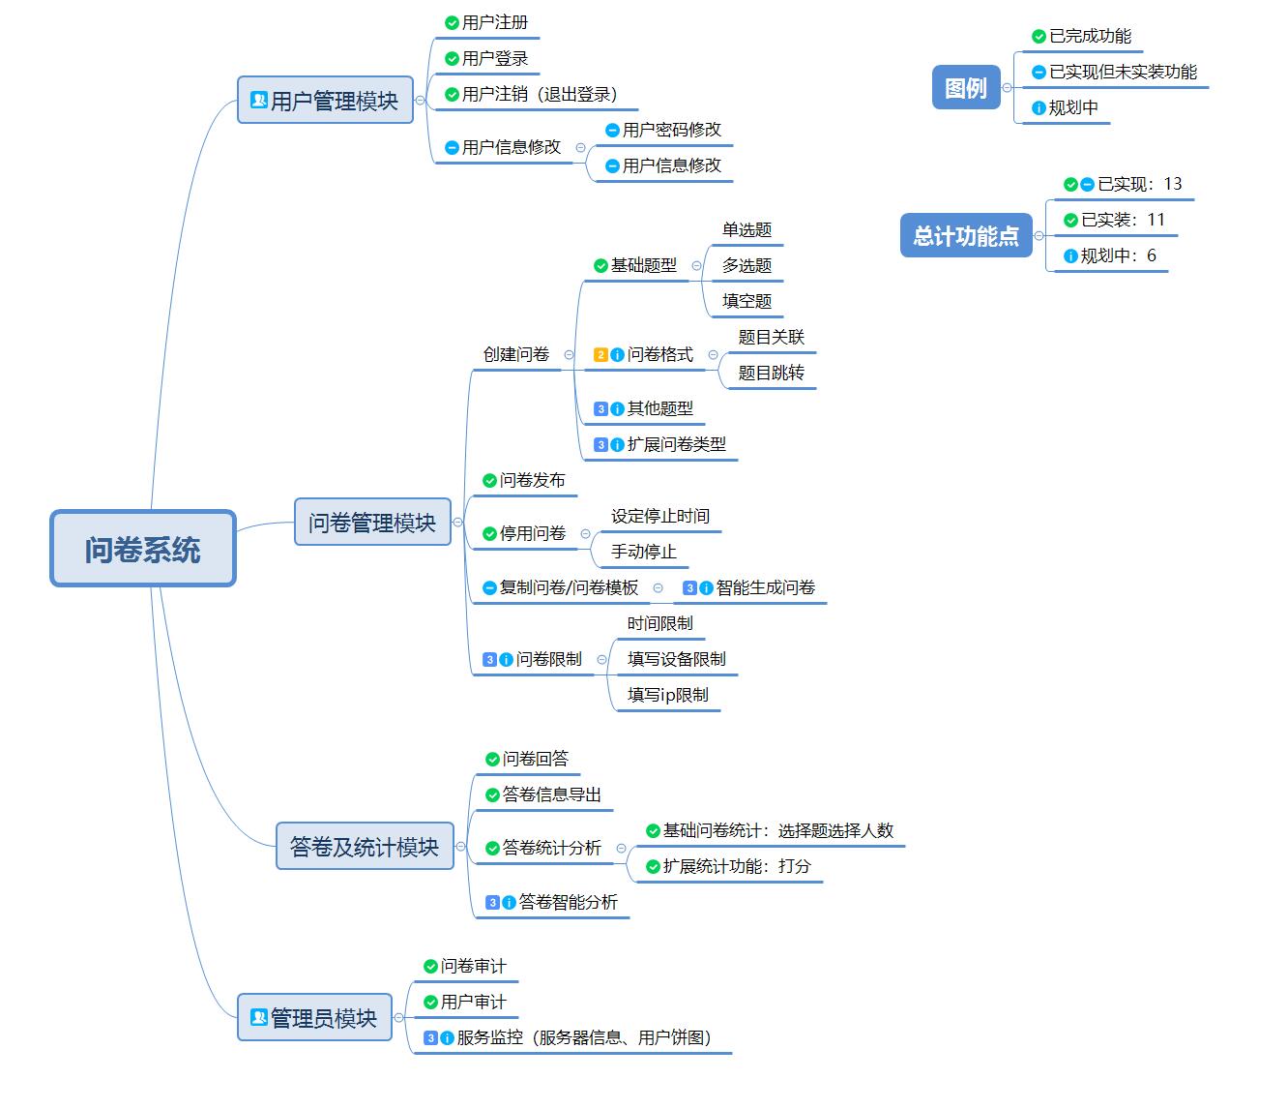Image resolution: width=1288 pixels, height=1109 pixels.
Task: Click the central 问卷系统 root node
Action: pos(143,549)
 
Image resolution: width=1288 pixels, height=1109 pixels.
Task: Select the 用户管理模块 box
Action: pos(325,100)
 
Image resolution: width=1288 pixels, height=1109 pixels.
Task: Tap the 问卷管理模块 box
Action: pos(372,523)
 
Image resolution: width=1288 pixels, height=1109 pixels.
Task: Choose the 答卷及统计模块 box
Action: pos(365,847)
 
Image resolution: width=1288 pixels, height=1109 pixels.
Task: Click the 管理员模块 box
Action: pos(314,1017)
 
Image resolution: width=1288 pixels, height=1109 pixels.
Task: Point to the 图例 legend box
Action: pos(965,88)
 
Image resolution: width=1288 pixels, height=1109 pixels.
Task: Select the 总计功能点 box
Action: pos(965,236)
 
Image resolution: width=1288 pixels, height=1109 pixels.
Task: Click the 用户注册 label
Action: pos(495,22)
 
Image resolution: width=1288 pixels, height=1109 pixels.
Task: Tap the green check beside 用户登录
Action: pos(452,59)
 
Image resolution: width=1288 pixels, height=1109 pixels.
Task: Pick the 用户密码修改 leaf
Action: pos(671,130)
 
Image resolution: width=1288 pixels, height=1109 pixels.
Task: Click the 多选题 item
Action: pos(746,265)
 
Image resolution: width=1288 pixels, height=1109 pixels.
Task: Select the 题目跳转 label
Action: pos(771,373)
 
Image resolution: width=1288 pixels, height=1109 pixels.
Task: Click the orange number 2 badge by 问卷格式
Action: pos(600,355)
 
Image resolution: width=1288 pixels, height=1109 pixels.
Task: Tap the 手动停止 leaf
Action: pos(643,552)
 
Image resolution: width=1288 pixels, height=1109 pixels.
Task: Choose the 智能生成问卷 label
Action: pos(765,587)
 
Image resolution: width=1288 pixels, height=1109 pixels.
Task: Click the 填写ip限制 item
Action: pos(667,695)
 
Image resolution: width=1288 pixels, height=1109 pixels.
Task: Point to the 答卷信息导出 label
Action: pos(551,794)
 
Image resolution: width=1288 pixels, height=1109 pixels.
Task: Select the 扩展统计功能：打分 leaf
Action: pos(736,866)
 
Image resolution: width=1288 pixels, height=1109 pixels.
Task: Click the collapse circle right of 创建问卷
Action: pos(569,355)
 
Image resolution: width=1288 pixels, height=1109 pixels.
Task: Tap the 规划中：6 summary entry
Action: pos(1117,255)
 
